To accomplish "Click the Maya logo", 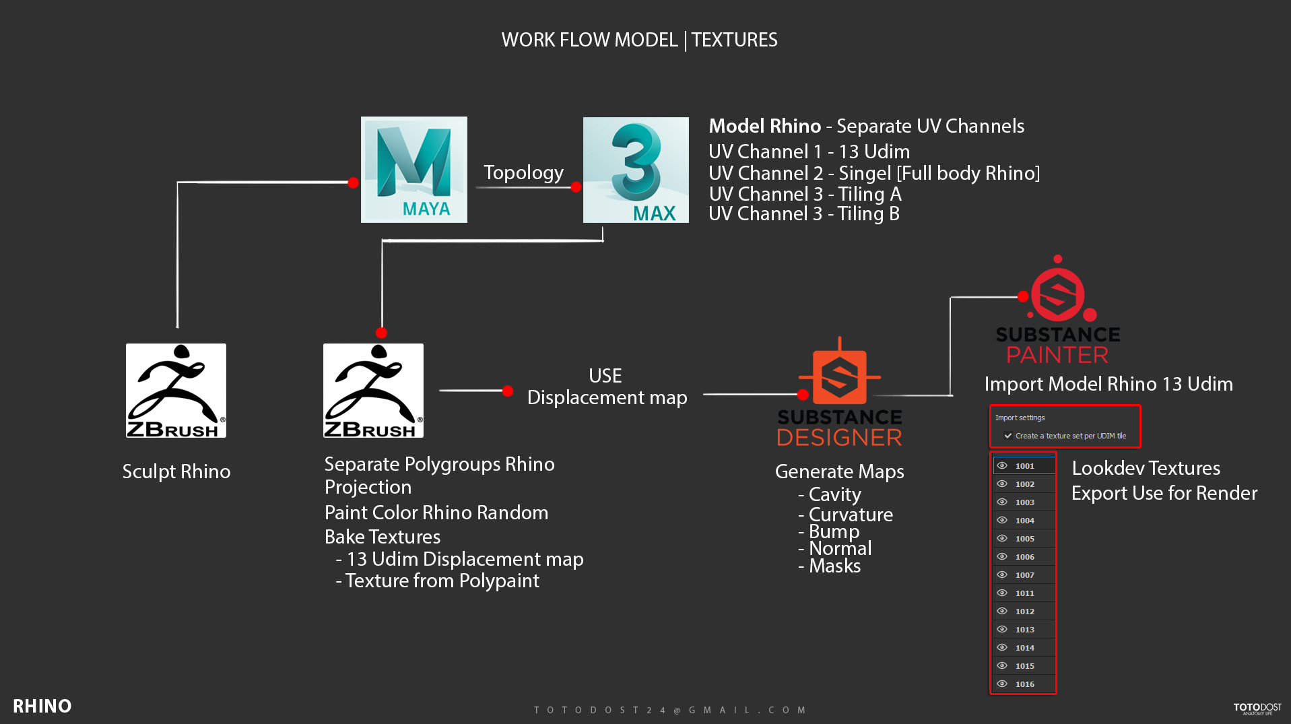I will pos(413,170).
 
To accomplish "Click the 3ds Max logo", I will pos(636,170).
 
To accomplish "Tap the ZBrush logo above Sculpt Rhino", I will pos(176,391).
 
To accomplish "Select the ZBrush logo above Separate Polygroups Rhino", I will pos(373,391).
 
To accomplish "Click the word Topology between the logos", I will pos(523,172).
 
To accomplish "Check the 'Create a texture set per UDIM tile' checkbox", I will pos(1008,436).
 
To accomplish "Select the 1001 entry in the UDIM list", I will pos(1024,466).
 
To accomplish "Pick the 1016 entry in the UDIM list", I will pos(1024,684).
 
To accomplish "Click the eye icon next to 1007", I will pos(1002,574).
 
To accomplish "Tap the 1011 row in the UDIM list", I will pos(1024,593).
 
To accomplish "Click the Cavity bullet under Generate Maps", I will pos(834,494).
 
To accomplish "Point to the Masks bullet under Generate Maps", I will pos(834,566).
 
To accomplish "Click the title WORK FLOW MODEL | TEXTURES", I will pos(639,40).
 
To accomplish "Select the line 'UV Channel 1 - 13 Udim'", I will pos(809,152).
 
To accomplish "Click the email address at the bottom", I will pos(670,710).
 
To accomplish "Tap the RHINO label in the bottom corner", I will pos(42,706).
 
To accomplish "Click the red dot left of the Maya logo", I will pos(353,183).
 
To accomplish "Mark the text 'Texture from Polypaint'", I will pos(442,581).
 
